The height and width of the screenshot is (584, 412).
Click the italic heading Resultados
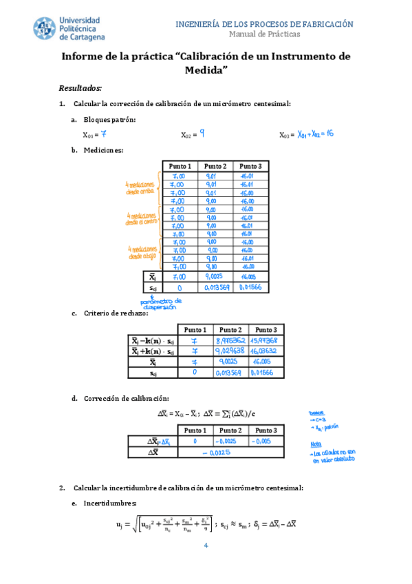[x=80, y=88]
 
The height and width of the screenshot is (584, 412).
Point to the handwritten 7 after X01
[x=103, y=134]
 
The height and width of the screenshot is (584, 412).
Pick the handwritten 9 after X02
[x=202, y=134]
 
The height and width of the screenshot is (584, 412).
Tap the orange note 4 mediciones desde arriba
[x=140, y=188]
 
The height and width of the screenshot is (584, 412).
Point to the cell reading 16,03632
[x=263, y=351]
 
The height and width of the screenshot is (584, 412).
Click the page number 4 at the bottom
[x=206, y=546]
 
